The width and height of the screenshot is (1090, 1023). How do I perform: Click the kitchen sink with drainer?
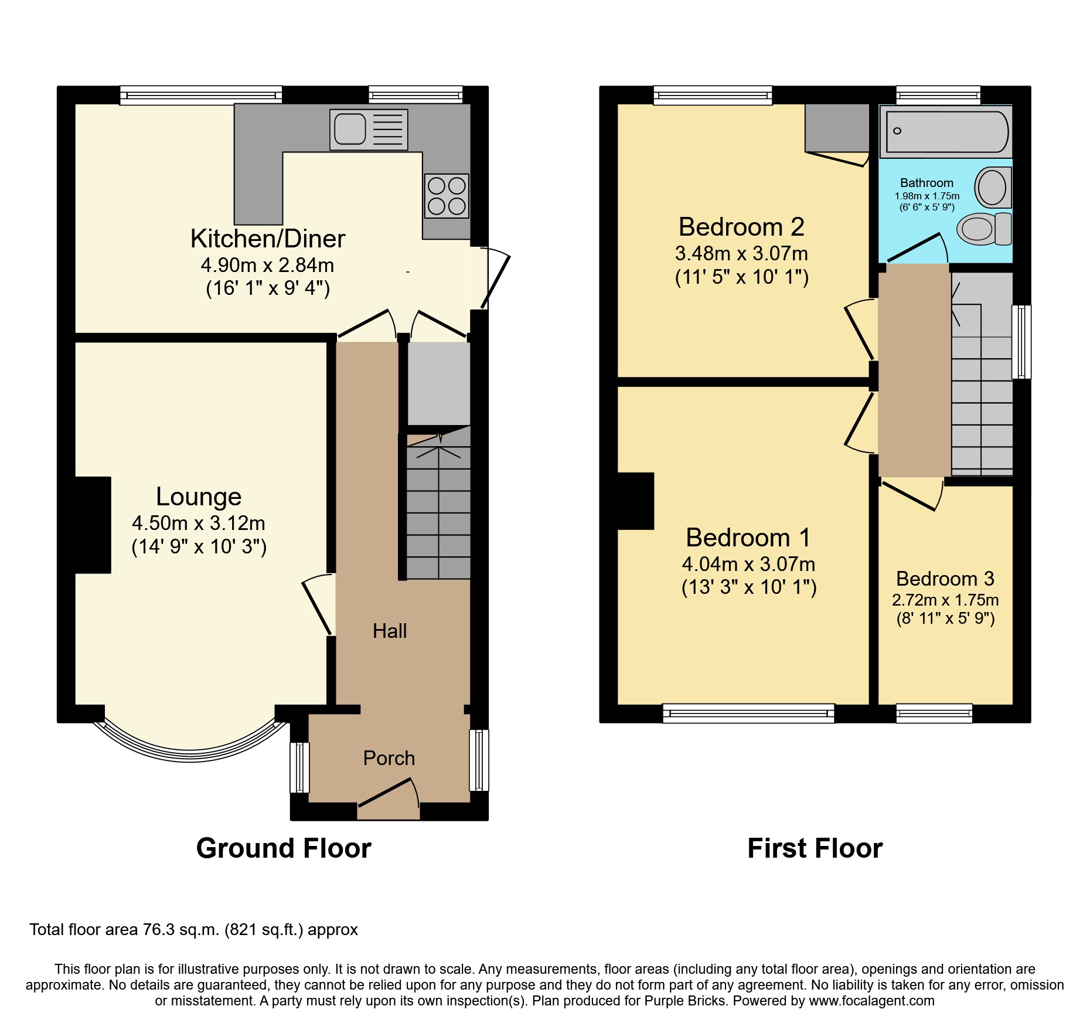(368, 130)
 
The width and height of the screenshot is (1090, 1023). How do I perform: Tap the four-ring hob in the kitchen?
(447, 196)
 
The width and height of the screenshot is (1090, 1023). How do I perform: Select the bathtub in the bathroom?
(946, 132)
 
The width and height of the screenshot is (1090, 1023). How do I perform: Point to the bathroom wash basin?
(993, 188)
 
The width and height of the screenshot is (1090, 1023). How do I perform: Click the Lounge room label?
(199, 497)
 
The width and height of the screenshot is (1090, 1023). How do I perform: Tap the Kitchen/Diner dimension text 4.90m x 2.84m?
(267, 265)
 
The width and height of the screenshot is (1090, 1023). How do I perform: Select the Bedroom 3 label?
(945, 579)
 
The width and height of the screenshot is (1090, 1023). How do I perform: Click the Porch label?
(389, 758)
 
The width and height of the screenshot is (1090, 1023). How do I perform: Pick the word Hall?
(390, 631)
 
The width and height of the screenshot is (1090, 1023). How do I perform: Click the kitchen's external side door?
(496, 280)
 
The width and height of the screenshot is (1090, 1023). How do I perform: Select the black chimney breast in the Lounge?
(93, 525)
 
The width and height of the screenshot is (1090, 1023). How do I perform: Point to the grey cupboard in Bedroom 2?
(836, 127)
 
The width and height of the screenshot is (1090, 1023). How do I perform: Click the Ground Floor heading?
(284, 848)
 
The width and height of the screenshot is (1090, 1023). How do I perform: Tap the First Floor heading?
(815, 848)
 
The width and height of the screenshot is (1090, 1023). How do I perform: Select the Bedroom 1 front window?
(748, 713)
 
